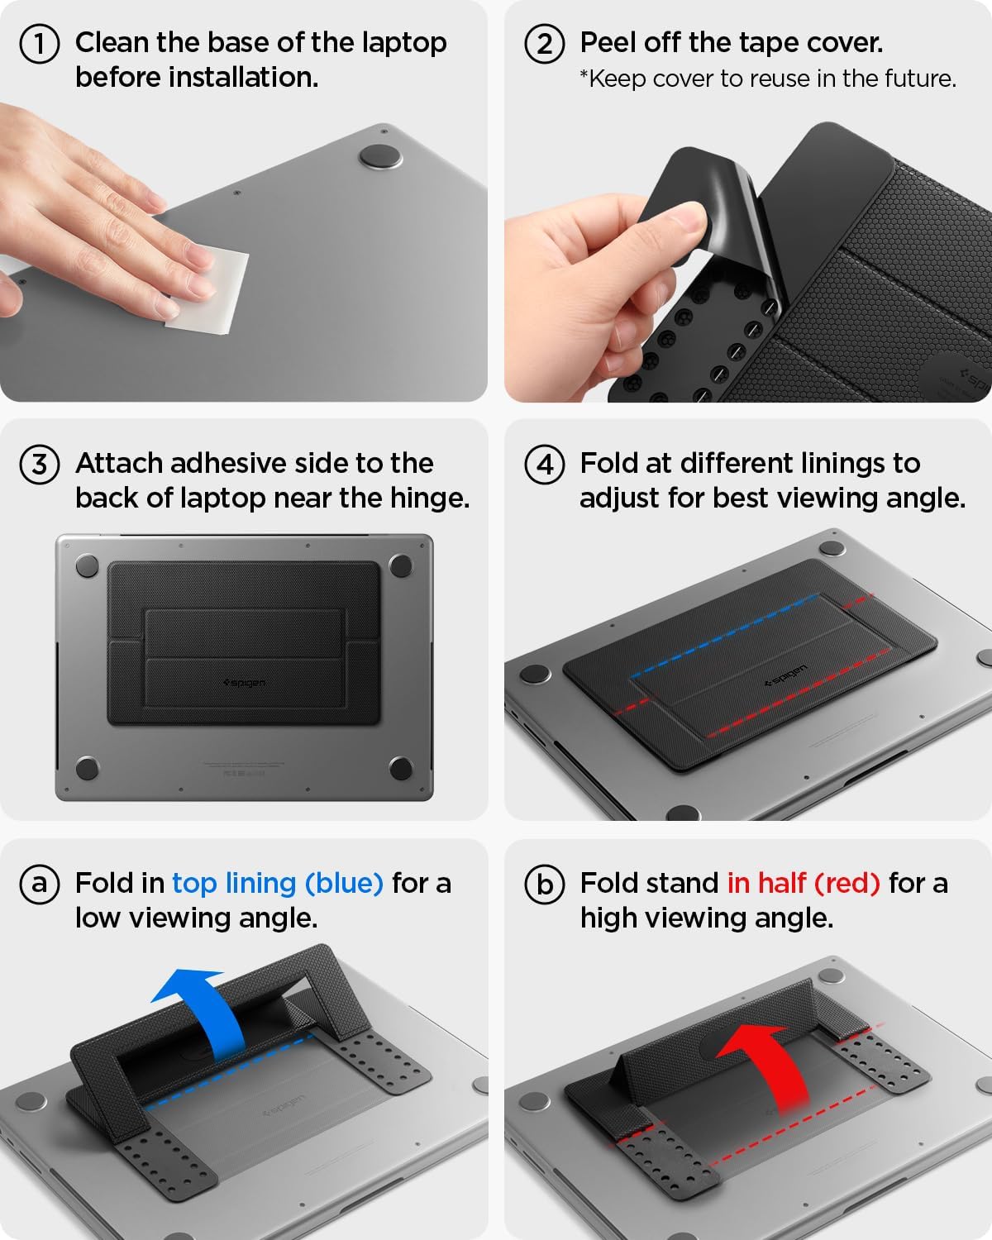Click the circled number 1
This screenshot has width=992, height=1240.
(x=39, y=44)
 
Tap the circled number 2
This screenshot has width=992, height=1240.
(x=544, y=44)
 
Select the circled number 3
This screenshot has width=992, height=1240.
(x=39, y=464)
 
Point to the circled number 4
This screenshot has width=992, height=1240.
(x=544, y=464)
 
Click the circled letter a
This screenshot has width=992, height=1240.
(x=39, y=884)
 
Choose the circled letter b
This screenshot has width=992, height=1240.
(x=544, y=884)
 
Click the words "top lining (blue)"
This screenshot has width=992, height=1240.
(x=277, y=884)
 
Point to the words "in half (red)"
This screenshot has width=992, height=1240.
(x=803, y=884)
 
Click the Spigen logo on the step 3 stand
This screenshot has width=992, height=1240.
(x=244, y=683)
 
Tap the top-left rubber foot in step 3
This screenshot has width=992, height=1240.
(x=87, y=566)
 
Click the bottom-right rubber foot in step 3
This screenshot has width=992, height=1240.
(x=401, y=767)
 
